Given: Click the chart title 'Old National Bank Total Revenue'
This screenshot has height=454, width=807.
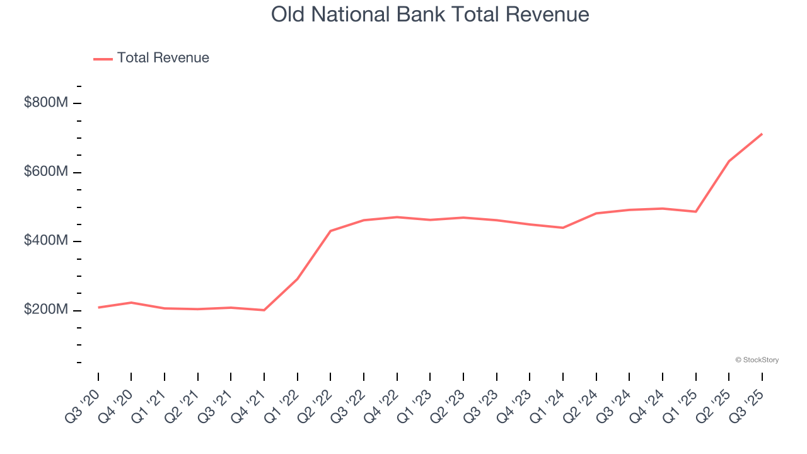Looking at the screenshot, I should point(430,15).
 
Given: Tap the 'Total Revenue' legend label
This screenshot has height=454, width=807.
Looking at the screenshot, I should point(163,58).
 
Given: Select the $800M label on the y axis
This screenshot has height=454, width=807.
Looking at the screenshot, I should point(45,102).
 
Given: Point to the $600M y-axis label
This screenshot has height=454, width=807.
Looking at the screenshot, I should point(45,172).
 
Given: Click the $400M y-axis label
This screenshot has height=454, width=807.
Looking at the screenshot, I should point(45,241).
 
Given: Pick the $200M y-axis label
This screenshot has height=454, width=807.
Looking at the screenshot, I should point(45,310).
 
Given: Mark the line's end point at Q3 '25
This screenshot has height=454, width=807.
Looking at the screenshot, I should point(762,134).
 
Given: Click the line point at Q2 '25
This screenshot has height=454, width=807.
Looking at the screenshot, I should point(729,161).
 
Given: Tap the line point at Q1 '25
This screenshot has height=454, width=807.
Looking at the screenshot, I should point(695,211).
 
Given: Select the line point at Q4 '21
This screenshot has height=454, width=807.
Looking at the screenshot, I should point(264,310).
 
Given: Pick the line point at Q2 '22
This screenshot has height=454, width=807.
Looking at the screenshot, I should point(330,231).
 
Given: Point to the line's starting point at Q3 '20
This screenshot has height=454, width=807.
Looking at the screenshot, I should point(98,308).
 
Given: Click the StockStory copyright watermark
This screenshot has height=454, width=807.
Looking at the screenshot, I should point(757,360).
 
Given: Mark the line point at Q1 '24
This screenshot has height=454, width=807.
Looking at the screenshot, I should point(562,228).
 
